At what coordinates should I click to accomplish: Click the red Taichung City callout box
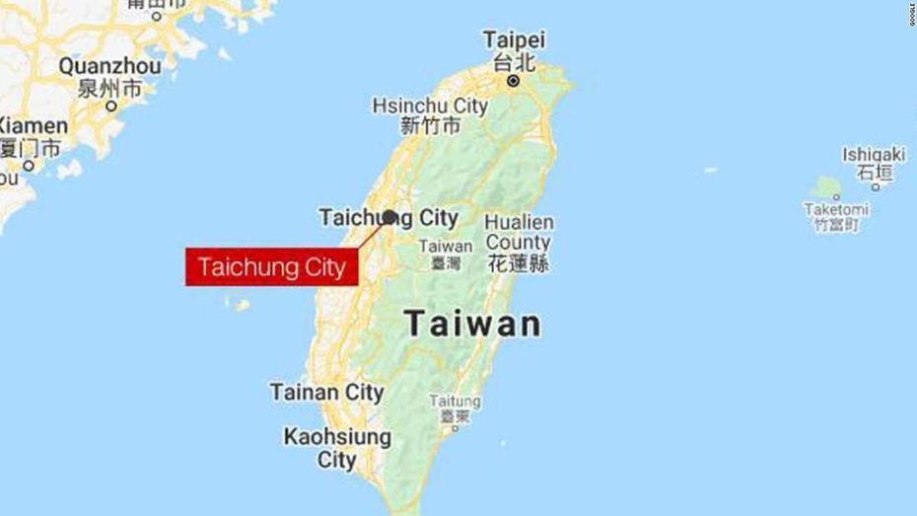tap(270, 267)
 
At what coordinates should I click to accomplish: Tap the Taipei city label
tap(513, 40)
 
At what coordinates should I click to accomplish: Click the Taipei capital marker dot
tap(513, 82)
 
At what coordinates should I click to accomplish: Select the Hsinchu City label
tap(430, 105)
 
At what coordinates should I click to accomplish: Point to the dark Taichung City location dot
tap(389, 217)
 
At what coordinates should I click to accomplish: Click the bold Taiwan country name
tap(473, 323)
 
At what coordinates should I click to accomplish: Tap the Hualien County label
tap(518, 232)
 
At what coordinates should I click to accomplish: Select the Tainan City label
tap(326, 392)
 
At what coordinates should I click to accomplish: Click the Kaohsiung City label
tap(336, 447)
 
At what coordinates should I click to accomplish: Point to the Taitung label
tap(455, 402)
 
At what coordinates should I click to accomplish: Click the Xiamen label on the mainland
tap(32, 126)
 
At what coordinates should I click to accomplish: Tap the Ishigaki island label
tap(873, 155)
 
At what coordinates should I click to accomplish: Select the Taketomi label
tap(835, 209)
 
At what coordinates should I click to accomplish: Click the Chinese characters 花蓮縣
tap(518, 263)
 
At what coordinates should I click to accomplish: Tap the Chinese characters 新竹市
tap(430, 126)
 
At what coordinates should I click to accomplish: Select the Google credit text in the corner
tap(908, 20)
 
